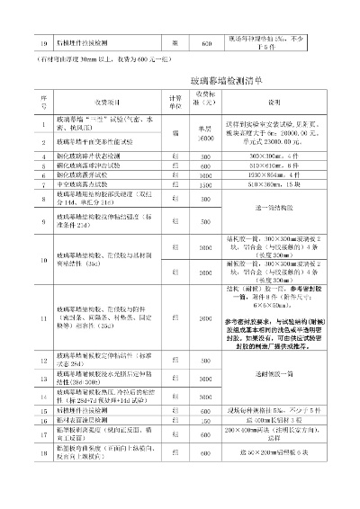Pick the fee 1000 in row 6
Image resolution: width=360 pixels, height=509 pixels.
tap(205, 175)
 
